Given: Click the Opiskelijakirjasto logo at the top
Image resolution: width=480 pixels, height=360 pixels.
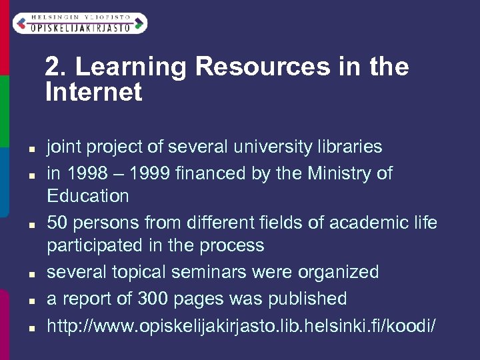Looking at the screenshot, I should (x=79, y=23).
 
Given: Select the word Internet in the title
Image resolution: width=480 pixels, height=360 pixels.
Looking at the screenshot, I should (x=94, y=92).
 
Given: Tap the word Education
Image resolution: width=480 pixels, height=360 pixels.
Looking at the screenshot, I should (x=88, y=196).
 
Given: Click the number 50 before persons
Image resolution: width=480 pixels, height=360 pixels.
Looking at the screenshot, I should (x=57, y=222).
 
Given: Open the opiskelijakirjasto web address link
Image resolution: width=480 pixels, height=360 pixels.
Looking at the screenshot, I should (x=241, y=325).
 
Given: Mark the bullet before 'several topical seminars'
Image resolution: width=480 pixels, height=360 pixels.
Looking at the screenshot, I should (x=31, y=274).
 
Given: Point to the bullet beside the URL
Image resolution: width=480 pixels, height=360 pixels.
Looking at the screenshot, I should (x=31, y=327).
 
